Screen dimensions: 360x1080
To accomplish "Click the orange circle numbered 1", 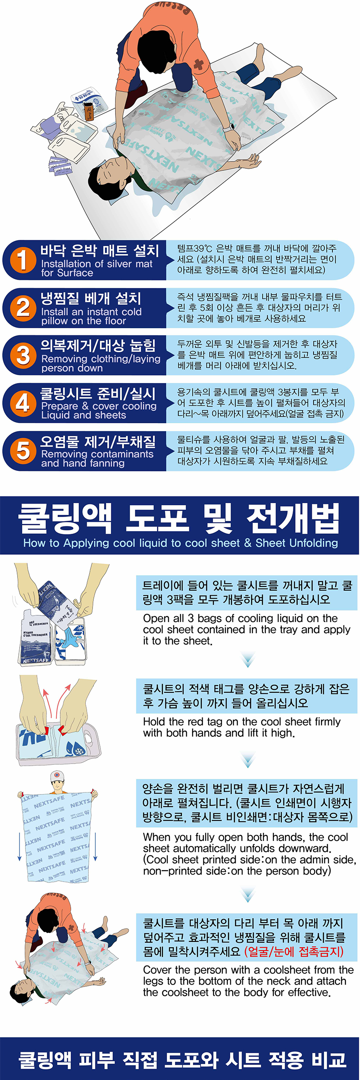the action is point(23,260).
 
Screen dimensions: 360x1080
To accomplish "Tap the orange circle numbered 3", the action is point(23,355).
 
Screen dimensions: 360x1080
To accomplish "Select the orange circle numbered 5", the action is point(23,451).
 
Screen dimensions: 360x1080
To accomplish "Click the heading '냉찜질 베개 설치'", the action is point(91,298).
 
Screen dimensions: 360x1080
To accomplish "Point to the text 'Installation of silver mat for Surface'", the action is point(97,268).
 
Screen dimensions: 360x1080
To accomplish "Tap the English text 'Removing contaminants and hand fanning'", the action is point(97,459).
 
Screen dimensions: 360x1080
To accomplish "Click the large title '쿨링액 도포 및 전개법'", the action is point(179,518).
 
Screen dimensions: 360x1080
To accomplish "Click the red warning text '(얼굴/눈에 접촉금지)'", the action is point(294,952).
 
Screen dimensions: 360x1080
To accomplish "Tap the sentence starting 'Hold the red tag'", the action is point(242,728).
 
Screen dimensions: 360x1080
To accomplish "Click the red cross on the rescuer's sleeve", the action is point(199,64).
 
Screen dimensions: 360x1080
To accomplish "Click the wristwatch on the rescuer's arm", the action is point(229,126).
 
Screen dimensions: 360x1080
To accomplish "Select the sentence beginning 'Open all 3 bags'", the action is point(247,629).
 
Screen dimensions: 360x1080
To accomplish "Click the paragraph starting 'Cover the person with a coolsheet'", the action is point(248,981).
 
